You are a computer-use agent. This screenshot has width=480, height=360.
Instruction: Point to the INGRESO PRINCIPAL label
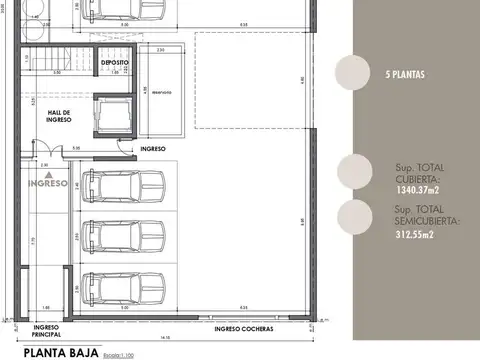click(x=48, y=330)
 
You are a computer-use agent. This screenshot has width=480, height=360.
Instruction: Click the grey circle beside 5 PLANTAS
click(x=352, y=74)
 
